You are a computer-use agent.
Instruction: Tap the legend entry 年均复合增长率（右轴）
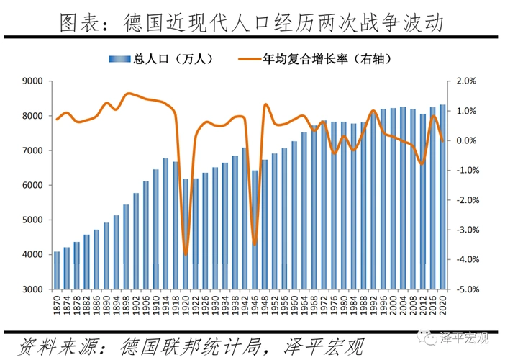(329, 60)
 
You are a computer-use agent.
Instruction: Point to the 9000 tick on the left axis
(35, 81)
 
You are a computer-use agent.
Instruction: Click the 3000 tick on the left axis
(35, 289)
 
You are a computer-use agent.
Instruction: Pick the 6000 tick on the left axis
(35, 185)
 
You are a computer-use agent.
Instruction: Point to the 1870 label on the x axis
(58, 305)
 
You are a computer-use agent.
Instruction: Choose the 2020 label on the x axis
(442, 305)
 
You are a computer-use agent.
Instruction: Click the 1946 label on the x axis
(255, 305)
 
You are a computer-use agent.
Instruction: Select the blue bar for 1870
(57, 270)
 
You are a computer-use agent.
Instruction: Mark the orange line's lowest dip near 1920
(186, 254)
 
